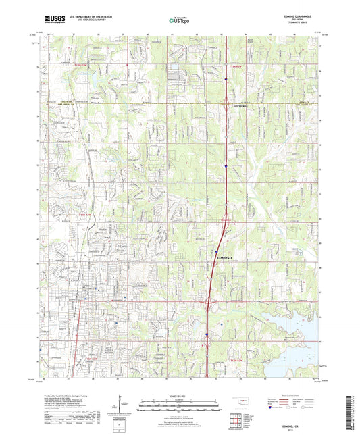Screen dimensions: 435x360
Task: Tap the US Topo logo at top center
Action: click(x=179, y=21)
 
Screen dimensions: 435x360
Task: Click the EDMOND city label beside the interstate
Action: click(x=225, y=257)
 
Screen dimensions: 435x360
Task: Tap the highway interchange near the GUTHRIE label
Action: click(x=224, y=103)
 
